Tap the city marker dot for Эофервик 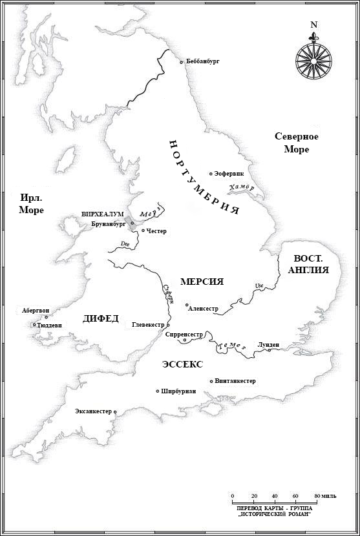pos(211,174)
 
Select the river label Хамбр pos(242,187)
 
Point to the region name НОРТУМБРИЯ pos(204,177)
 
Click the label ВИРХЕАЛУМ pos(102,214)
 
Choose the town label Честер pos(156,231)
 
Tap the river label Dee pos(125,243)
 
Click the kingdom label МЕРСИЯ pos(202,282)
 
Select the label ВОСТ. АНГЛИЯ pos(307,263)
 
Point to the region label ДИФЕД pos(101,318)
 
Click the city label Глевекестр pos(148,325)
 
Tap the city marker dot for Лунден pos(269,350)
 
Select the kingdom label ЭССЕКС pos(182,365)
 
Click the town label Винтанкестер pos(235,381)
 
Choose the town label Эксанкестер pos(94,411)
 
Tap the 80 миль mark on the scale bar pos(316,496)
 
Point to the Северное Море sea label pos(297,143)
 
